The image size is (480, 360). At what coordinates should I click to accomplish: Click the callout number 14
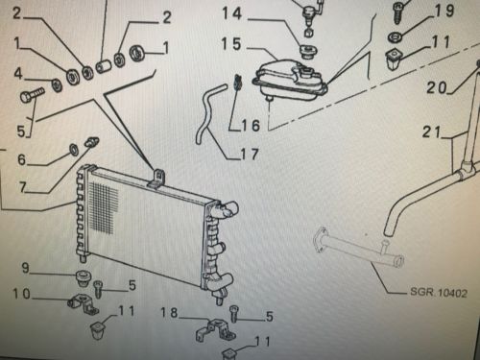pyautogui.click(x=232, y=13)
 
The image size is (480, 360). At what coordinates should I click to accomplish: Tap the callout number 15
pyautogui.click(x=231, y=44)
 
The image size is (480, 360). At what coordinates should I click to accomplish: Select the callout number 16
pyautogui.click(x=251, y=125)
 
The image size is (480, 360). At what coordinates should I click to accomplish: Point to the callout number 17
pyautogui.click(x=250, y=155)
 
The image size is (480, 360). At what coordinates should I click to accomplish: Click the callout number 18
pyautogui.click(x=169, y=312)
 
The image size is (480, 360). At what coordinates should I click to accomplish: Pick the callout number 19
pyautogui.click(x=445, y=11)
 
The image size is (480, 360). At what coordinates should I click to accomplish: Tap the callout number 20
pyautogui.click(x=437, y=87)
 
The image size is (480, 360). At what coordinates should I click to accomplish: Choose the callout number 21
pyautogui.click(x=432, y=132)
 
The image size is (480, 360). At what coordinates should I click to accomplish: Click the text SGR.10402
pyautogui.click(x=439, y=293)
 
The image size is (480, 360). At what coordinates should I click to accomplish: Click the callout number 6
pyautogui.click(x=21, y=159)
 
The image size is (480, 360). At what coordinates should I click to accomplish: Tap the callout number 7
pyautogui.click(x=22, y=187)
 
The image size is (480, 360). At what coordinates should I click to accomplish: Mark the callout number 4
pyautogui.click(x=18, y=74)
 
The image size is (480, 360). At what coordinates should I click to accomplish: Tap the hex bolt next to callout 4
pyautogui.click(x=32, y=94)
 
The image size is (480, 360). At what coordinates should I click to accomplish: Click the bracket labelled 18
pyautogui.click(x=215, y=330)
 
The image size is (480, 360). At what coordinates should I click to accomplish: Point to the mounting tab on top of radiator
pyautogui.click(x=158, y=179)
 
